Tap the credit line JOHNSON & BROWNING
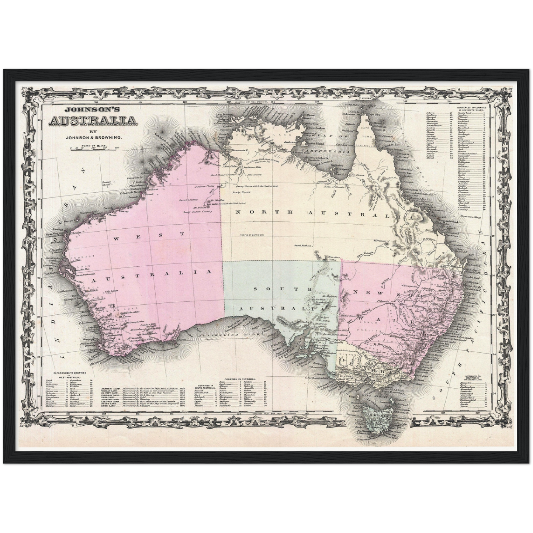[x=93, y=138]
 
